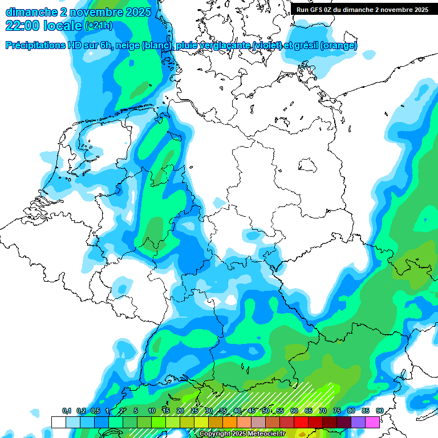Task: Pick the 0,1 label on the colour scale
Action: click(x=66, y=411)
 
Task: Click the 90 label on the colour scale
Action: click(x=379, y=411)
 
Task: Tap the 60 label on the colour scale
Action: click(x=294, y=411)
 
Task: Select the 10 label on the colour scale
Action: click(x=152, y=411)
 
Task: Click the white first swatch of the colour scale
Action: click(x=58, y=422)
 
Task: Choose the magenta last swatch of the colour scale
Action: click(x=372, y=422)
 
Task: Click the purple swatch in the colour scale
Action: click(x=358, y=422)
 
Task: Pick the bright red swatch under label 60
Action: click(x=301, y=422)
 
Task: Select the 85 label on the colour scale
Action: click(x=365, y=411)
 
